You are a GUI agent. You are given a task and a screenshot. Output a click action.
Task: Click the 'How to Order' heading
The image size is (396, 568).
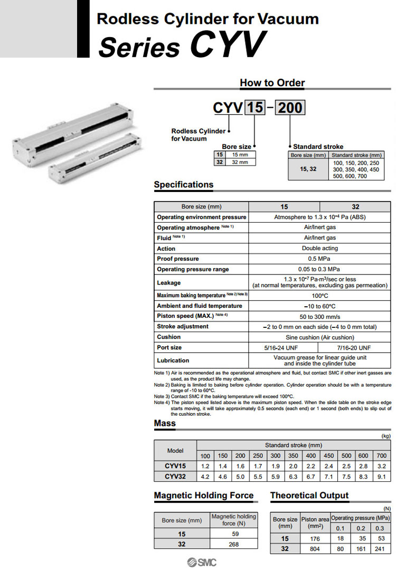272,83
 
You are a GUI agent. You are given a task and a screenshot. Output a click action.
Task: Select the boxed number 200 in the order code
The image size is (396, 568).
290,108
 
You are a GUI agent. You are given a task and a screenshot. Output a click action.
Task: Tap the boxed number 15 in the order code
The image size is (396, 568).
255,108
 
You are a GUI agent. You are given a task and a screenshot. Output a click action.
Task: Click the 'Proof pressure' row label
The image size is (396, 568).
178,259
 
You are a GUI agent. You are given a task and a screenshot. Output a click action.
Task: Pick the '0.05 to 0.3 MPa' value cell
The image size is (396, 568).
319,269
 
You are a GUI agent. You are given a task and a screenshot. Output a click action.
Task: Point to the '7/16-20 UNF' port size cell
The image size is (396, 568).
354,347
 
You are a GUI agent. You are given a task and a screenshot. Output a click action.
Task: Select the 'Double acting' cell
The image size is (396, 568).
319,248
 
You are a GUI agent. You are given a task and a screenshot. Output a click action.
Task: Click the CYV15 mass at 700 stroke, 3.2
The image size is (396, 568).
382,466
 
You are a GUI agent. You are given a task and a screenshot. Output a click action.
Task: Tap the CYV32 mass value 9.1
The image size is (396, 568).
382,477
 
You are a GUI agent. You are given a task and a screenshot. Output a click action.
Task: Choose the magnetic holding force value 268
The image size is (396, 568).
234,544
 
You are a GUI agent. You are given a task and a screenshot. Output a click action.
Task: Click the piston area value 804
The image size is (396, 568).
315,549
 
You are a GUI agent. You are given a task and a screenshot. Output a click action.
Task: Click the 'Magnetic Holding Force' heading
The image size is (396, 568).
204,496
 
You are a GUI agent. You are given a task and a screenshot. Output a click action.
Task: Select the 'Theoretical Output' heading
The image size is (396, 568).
309,496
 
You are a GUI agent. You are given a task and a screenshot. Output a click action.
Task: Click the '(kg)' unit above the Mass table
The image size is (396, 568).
385,436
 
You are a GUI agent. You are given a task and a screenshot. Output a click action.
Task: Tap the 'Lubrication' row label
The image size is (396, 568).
173,360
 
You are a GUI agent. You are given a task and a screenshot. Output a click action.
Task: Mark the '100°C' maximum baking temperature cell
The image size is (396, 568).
319,295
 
